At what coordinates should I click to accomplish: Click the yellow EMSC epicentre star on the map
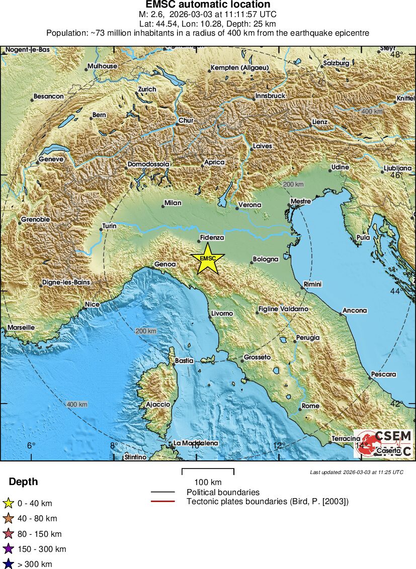[208, 258]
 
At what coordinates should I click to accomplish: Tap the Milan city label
[173, 203]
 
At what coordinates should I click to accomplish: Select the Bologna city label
[266, 259]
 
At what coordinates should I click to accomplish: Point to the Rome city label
[310, 406]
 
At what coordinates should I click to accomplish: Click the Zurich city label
[147, 89]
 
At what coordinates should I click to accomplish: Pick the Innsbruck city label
[271, 96]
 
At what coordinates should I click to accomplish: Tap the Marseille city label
[21, 328]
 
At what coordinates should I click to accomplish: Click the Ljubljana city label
[397, 168]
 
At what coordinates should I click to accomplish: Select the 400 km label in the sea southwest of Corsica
[77, 404]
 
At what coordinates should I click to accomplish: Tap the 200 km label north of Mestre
[293, 184]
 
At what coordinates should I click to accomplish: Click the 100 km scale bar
[208, 472]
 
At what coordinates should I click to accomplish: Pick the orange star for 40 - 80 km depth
[8, 518]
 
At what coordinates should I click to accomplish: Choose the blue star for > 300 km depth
[8, 564]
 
